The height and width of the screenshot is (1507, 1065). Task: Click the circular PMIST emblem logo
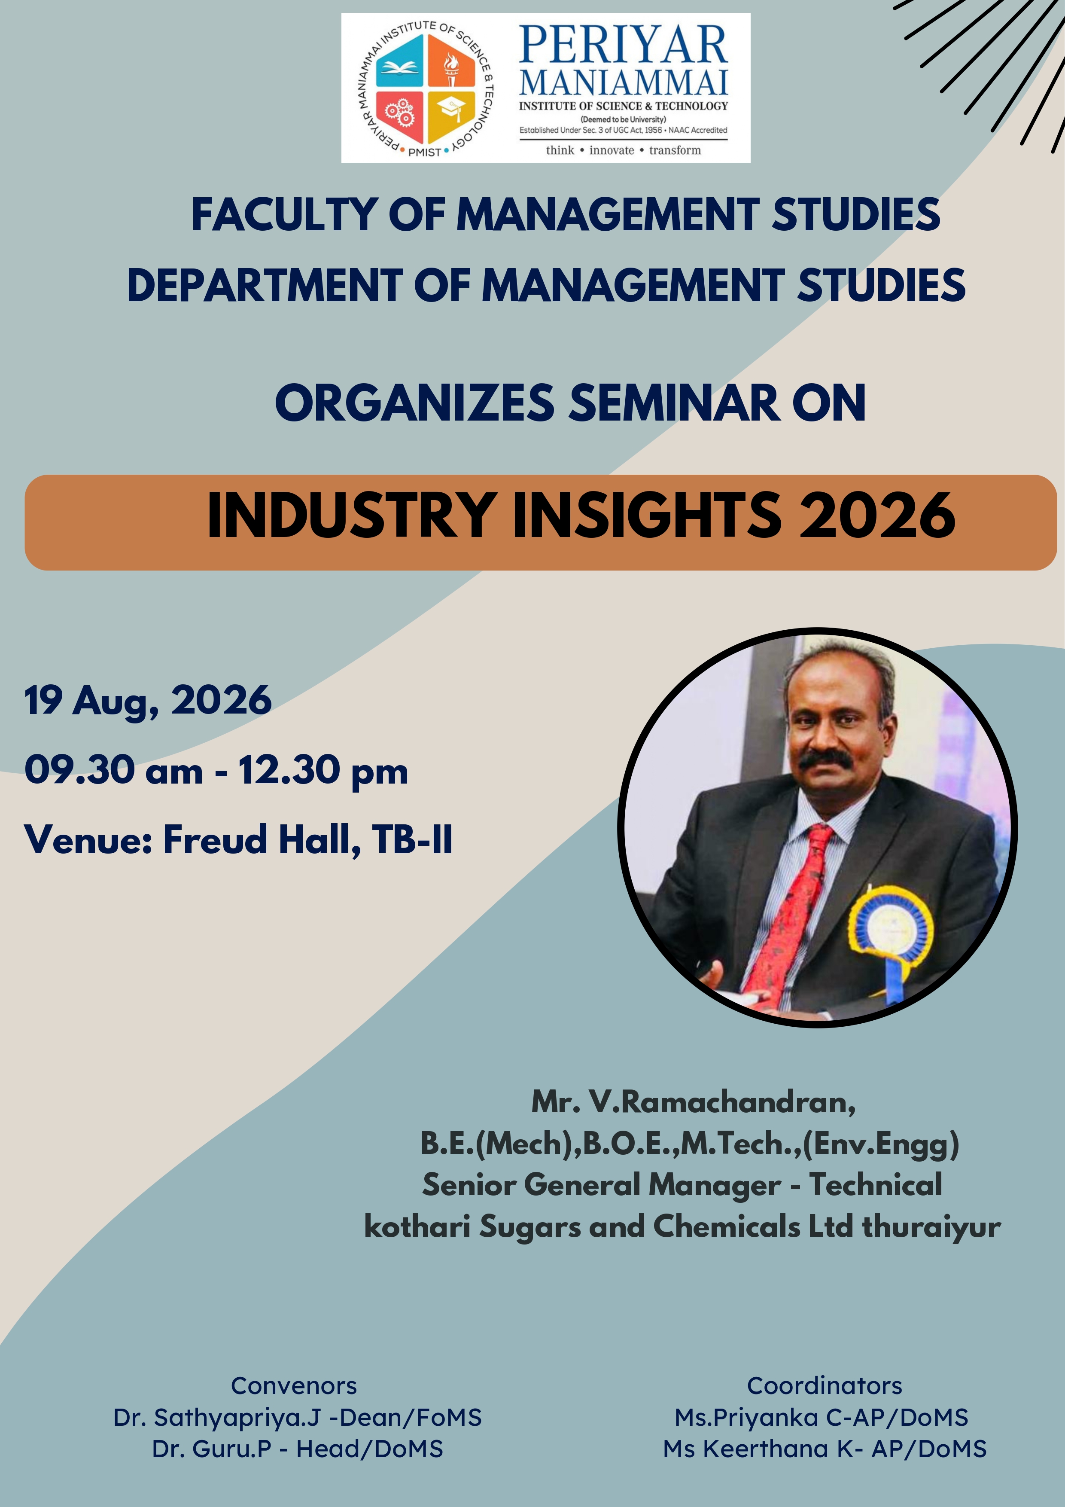[425, 88]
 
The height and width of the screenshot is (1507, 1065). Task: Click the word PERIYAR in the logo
[624, 45]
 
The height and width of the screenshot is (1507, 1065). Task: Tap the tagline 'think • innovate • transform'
[624, 150]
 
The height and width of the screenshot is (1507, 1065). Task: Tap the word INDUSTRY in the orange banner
[351, 515]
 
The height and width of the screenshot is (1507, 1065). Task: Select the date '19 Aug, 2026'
[148, 701]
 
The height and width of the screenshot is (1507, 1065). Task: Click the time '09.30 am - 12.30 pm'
[216, 771]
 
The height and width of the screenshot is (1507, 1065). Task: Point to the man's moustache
[828, 760]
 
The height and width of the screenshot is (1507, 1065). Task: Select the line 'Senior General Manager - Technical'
[682, 1185]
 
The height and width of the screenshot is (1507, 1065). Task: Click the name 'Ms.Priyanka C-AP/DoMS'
[822, 1418]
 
